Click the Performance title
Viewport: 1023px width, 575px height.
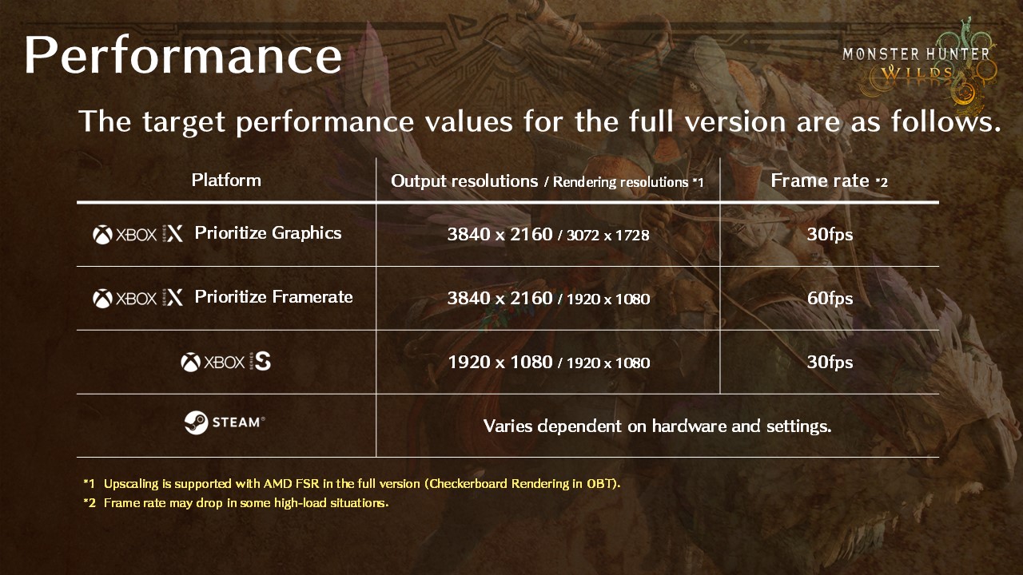183,56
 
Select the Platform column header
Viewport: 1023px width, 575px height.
226,180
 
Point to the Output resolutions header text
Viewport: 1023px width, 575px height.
464,181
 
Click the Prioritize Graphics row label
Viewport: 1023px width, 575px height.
268,233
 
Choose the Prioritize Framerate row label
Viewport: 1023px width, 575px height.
273,297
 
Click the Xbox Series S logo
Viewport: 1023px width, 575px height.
226,363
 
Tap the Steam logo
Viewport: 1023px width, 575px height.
225,422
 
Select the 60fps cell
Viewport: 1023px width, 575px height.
830,299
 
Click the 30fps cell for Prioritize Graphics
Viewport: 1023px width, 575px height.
830,235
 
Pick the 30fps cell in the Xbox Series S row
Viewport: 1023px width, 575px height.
830,363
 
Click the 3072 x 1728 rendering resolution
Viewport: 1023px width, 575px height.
607,236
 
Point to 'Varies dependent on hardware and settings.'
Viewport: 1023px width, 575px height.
657,426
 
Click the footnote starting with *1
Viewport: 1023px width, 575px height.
352,484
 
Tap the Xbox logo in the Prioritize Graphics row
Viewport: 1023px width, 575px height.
102,234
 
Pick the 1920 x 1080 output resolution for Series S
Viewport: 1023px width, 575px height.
500,363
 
